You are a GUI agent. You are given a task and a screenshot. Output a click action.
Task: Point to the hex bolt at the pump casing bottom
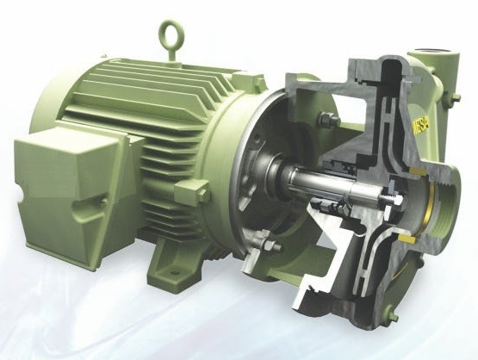(394, 313)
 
